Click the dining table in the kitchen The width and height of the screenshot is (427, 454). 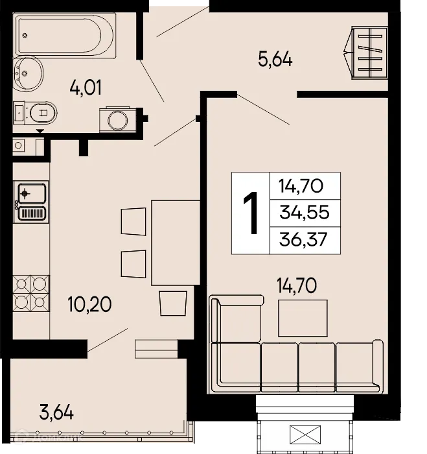pos(174,242)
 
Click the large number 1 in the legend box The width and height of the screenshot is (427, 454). pos(251,213)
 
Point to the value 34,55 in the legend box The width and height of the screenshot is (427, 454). pos(305,213)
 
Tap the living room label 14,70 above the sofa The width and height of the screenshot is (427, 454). pos(297,285)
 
